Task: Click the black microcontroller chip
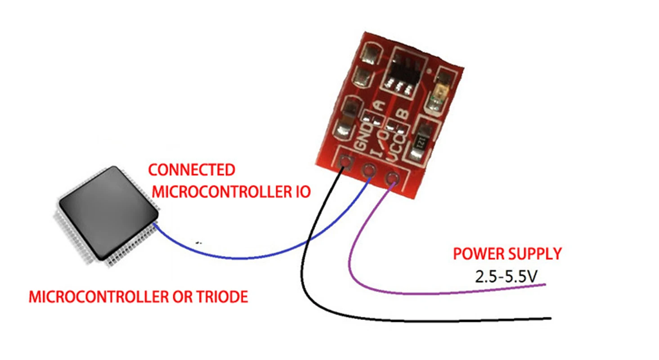(x=109, y=211)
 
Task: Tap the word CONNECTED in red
(x=192, y=170)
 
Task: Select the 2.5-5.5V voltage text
(x=506, y=276)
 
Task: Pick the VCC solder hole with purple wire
(x=393, y=180)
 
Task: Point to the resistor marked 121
(x=421, y=141)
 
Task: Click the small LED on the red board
(x=438, y=94)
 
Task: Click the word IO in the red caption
(x=300, y=192)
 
